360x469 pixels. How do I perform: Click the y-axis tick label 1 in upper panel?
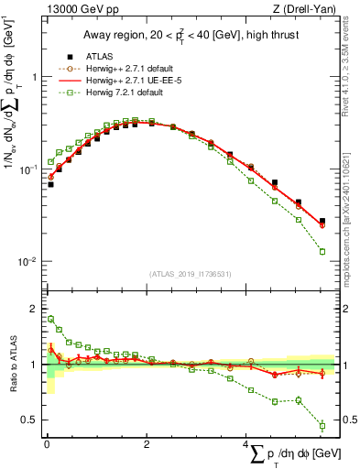tap(33, 78)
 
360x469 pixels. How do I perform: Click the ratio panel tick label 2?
tap(33, 309)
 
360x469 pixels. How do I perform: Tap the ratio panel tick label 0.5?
tap(29, 420)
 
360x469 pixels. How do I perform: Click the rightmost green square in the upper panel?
tap(322, 251)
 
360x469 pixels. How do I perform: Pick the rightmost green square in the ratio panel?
tap(322, 425)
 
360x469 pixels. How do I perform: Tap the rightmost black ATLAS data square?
tap(322, 221)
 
